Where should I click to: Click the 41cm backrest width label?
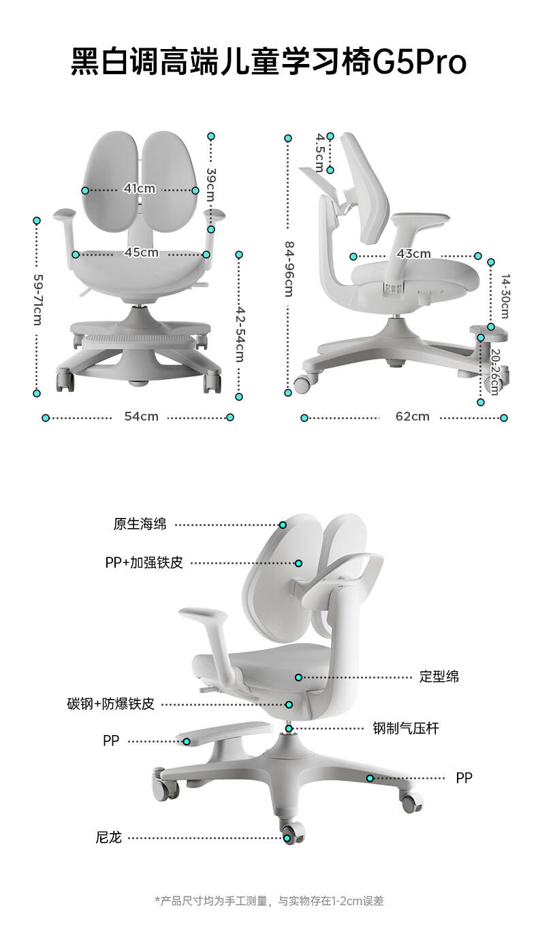pyautogui.click(x=140, y=189)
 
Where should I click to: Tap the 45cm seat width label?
pyautogui.click(x=141, y=253)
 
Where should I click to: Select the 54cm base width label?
pyautogui.click(x=141, y=416)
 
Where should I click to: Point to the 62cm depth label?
pyautogui.click(x=413, y=416)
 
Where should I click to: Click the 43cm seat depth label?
pyautogui.click(x=414, y=254)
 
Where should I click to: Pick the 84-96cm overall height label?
pyautogui.click(x=289, y=269)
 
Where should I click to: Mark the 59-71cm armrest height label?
pyautogui.click(x=37, y=299)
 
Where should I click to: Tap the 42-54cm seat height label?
pyautogui.click(x=240, y=333)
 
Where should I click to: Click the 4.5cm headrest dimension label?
pyautogui.click(x=319, y=152)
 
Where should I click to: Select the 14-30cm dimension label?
pyautogui.click(x=505, y=296)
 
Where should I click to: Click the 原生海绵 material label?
pyautogui.click(x=140, y=524)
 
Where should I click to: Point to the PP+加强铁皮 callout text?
pyautogui.click(x=144, y=563)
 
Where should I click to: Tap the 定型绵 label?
pyautogui.click(x=439, y=677)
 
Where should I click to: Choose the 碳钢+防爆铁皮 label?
pyautogui.click(x=111, y=704)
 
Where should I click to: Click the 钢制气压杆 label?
pyautogui.click(x=406, y=728)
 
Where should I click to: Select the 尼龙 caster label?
pyautogui.click(x=109, y=837)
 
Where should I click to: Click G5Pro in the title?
pyautogui.click(x=420, y=63)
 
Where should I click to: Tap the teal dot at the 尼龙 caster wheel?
pyautogui.click(x=288, y=838)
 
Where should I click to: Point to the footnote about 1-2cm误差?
pyautogui.click(x=269, y=901)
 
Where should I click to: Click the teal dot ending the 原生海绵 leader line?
pyautogui.click(x=283, y=525)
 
